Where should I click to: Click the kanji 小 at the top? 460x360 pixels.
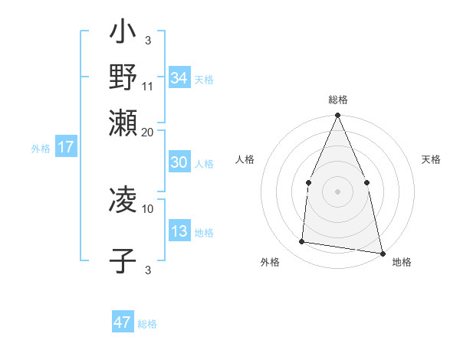123,34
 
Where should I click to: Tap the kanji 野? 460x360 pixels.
123,77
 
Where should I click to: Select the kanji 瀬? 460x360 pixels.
123,122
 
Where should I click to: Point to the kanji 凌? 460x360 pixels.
123,201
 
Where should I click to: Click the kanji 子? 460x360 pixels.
123,260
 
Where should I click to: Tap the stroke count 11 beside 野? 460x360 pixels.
148,86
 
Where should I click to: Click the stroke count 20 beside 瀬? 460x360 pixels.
148,131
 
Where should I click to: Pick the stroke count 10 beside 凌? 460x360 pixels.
148,208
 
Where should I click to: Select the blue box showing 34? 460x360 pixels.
179,78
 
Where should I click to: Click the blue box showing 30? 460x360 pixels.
179,162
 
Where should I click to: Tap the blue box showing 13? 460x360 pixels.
179,231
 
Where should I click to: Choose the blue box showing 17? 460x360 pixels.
65,148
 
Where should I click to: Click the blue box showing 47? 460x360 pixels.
123,322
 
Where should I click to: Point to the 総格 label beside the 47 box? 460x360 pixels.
147,324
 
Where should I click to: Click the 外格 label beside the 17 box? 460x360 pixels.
41,149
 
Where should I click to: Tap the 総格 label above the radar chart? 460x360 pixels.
337,100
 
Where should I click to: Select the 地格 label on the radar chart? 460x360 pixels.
402,262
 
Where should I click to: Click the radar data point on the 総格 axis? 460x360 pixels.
337,116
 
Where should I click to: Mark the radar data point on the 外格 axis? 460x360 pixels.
302,242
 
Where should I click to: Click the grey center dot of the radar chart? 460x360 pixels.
337,191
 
